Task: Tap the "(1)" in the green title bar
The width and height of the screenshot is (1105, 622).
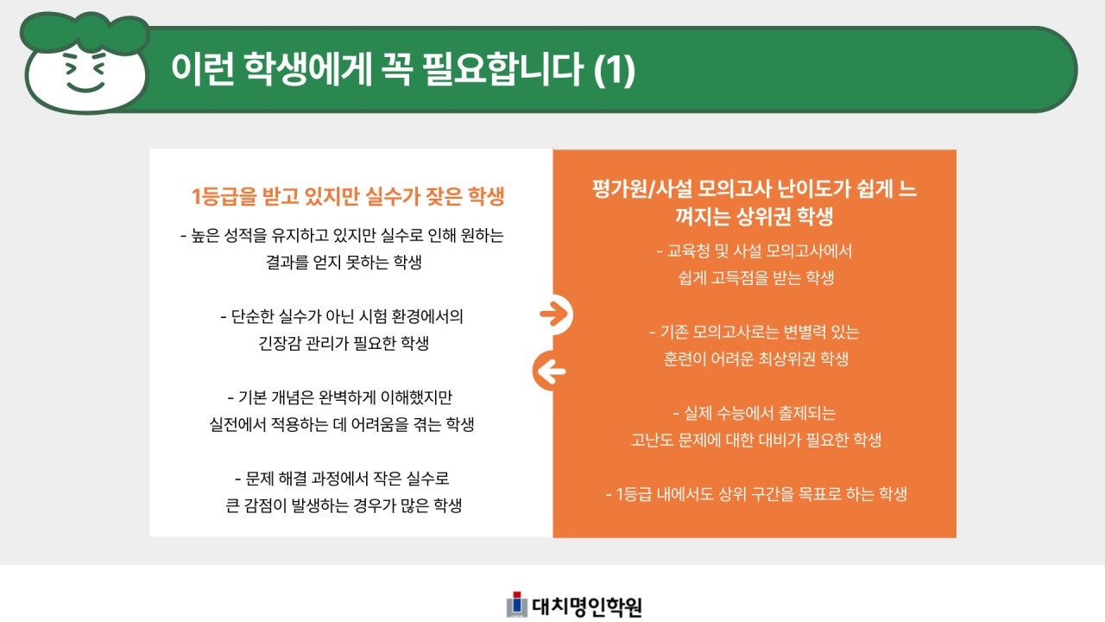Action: tap(616, 71)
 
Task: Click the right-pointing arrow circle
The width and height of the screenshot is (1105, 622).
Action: tap(554, 314)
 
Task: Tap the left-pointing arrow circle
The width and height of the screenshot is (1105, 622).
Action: tap(550, 371)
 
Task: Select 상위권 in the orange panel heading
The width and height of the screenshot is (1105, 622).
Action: tap(736, 216)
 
